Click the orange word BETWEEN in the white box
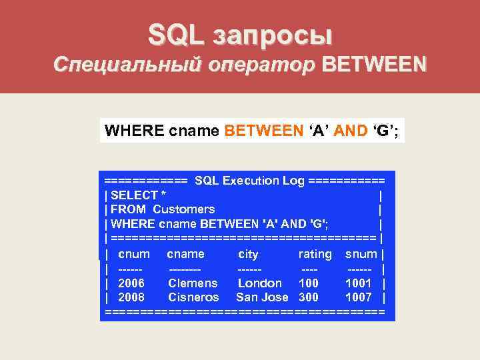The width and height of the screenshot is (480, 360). (263, 130)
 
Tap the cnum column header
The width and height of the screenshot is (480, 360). (133, 254)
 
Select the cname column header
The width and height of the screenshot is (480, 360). (185, 254)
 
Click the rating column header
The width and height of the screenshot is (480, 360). (315, 254)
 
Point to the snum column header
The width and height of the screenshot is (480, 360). (361, 254)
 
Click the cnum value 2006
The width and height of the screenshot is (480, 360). (131, 283)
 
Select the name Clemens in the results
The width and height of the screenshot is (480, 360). (193, 283)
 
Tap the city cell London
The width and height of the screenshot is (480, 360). (260, 283)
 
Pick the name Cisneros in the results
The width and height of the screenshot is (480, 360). (193, 297)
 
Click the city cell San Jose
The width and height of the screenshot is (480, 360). (262, 297)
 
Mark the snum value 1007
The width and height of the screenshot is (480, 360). (359, 297)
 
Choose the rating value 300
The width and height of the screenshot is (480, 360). (309, 297)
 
